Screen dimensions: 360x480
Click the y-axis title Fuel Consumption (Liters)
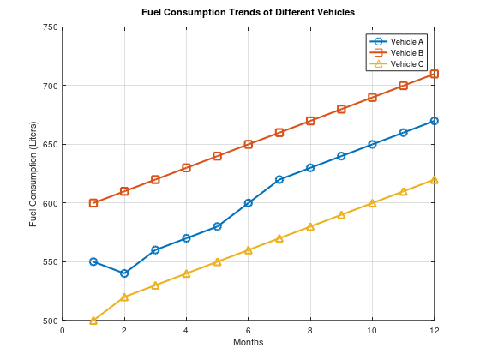pyautogui.click(x=33, y=174)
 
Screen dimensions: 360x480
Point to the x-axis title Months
pyautogui.click(x=248, y=343)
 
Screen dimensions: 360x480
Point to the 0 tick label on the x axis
pyautogui.click(x=63, y=330)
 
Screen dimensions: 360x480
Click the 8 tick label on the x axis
pyautogui.click(x=310, y=330)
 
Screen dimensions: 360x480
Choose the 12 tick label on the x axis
pyautogui.click(x=435, y=330)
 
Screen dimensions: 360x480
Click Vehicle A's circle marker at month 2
pyautogui.click(x=124, y=273)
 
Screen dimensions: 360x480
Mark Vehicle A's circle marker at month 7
pyautogui.click(x=279, y=179)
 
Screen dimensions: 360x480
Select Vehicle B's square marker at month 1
pyautogui.click(x=93, y=203)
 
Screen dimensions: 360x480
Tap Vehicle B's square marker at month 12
pyautogui.click(x=435, y=74)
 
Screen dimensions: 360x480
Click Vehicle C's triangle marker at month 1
pyautogui.click(x=93, y=320)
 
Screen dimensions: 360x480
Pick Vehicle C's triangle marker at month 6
pyautogui.click(x=249, y=249)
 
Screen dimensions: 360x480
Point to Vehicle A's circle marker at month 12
pyautogui.click(x=435, y=121)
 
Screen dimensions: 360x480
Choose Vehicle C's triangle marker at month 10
pyautogui.click(x=372, y=203)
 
